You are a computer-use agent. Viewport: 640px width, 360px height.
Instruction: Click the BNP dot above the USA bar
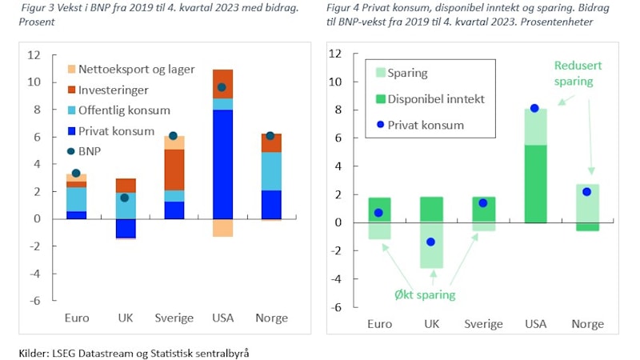222,87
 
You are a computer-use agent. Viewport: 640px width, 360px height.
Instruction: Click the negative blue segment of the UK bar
124,228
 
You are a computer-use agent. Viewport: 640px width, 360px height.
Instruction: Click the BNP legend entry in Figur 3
102,150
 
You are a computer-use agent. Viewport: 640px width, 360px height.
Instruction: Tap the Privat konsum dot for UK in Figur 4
431,242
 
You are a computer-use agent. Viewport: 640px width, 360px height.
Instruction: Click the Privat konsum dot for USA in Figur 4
534,108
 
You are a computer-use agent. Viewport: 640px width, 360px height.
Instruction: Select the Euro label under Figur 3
76,318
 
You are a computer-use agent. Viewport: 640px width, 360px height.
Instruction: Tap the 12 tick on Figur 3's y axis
34,55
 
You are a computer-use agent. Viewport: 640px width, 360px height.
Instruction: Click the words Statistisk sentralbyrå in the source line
210,351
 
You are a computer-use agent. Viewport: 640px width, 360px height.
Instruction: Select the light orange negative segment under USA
222,228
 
